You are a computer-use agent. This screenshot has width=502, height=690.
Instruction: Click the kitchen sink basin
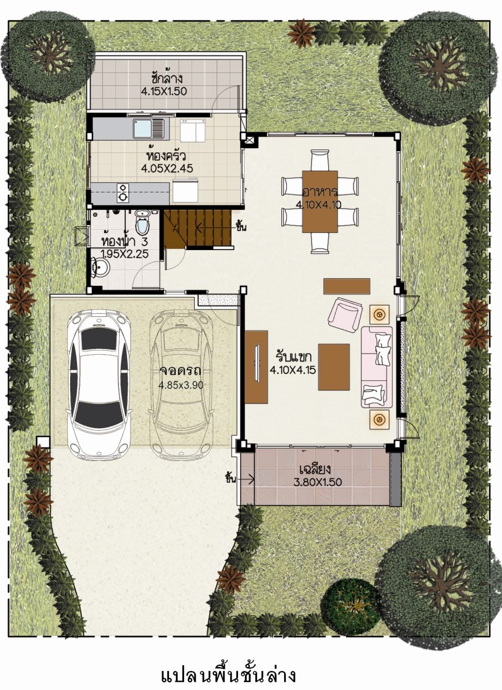click(x=143, y=128)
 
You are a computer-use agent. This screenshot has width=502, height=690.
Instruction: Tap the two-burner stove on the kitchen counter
click(x=123, y=193)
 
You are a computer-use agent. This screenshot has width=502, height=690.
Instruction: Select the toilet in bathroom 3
click(x=142, y=222)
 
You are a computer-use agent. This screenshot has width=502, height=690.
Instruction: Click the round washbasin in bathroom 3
click(x=101, y=267)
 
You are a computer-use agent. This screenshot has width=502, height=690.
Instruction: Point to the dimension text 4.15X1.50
click(x=164, y=91)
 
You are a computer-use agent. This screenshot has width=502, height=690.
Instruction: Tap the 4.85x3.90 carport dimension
click(x=181, y=385)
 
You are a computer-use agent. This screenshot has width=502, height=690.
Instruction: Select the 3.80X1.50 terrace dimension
click(x=318, y=482)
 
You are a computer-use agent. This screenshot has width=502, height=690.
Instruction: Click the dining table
click(x=320, y=201)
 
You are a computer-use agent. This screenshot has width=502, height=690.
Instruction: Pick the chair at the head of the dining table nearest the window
click(x=320, y=160)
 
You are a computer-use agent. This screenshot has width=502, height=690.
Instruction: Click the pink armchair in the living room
click(x=345, y=313)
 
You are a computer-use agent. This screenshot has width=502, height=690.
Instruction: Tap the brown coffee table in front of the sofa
click(x=334, y=367)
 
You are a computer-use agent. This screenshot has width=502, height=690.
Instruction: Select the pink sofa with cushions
click(x=376, y=367)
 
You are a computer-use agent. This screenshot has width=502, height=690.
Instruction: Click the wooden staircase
click(x=197, y=228)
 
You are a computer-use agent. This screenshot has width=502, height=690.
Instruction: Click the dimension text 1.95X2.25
click(x=125, y=254)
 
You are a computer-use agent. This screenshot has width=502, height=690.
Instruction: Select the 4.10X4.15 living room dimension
click(x=293, y=370)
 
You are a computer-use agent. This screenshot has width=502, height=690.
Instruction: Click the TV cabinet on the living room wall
click(x=256, y=367)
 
